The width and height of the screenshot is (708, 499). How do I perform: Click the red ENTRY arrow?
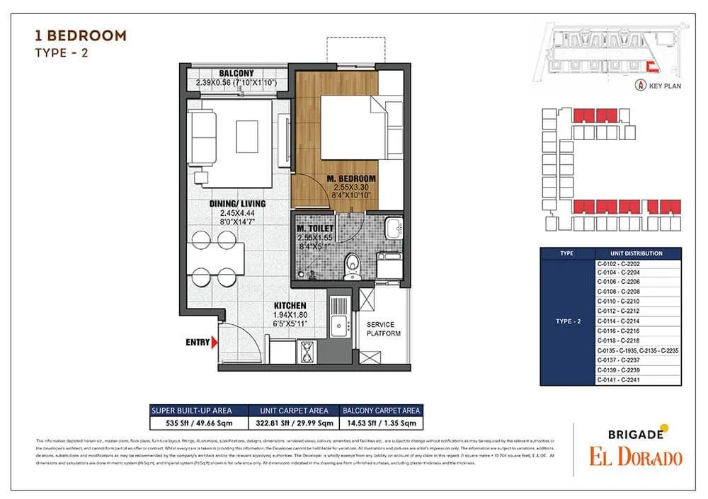point(215,343)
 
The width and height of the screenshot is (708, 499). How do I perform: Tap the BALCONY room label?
point(236,74)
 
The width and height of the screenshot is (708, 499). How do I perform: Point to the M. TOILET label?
point(314,229)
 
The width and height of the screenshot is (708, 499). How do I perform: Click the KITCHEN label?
point(290,306)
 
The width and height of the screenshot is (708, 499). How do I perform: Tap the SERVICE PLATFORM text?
point(383,329)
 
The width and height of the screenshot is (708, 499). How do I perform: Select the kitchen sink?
point(338,316)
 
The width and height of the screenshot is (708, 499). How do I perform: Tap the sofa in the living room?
point(203,127)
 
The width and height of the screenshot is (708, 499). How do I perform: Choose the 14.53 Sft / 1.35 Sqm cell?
point(382,423)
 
